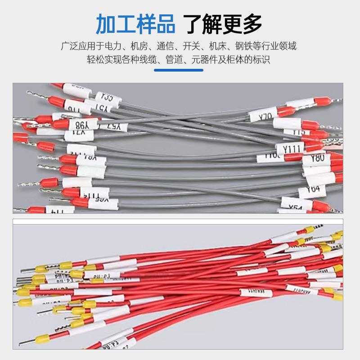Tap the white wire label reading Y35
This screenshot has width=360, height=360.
tap(107, 96)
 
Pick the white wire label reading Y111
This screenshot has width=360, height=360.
tap(290, 148)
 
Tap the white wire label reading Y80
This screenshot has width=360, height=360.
tap(317, 158)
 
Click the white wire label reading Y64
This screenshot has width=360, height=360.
tap(314, 189)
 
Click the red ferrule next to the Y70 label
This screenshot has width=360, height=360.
tap(287, 111)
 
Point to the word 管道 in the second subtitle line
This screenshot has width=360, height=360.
tap(175, 59)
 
